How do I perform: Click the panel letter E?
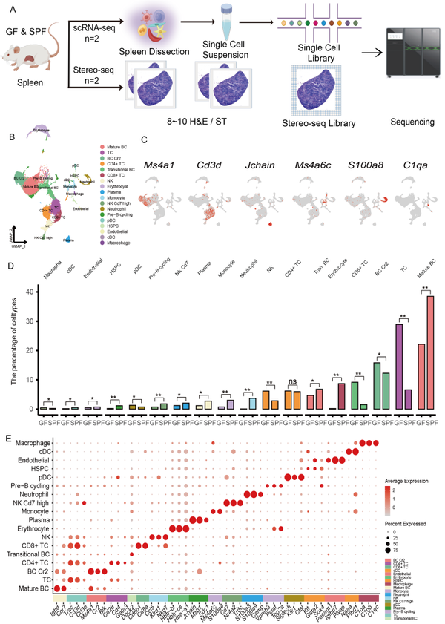(x=10, y=439)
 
